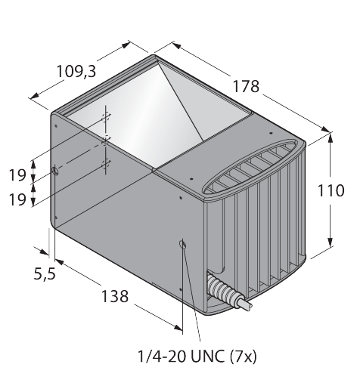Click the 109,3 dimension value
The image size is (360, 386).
pyautogui.click(x=76, y=72)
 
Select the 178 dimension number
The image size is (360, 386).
pyautogui.click(x=246, y=86)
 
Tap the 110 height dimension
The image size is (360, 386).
pyautogui.click(x=331, y=190)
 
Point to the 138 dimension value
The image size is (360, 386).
pyautogui.click(x=115, y=296)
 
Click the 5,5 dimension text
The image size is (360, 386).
pyautogui.click(x=45, y=273)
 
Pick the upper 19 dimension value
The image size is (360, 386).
pyautogui.click(x=17, y=175)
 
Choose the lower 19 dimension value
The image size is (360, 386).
pyautogui.click(x=17, y=199)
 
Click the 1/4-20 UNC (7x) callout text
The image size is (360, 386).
pyautogui.click(x=197, y=357)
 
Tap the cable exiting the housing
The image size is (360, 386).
pyautogui.click(x=245, y=303)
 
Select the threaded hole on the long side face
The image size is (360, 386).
pyautogui.click(x=182, y=244)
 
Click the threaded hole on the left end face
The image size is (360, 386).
pyautogui.click(x=55, y=171)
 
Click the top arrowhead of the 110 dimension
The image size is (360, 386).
pyautogui.click(x=331, y=138)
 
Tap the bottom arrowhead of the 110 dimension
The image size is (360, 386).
pyautogui.click(x=331, y=242)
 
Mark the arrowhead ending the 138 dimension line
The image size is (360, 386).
pyautogui.click(x=178, y=327)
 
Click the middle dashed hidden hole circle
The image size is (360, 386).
pyautogui.click(x=106, y=141)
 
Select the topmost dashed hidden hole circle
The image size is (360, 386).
pyautogui.click(x=106, y=117)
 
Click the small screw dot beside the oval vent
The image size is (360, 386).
pyautogui.click(x=191, y=179)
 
